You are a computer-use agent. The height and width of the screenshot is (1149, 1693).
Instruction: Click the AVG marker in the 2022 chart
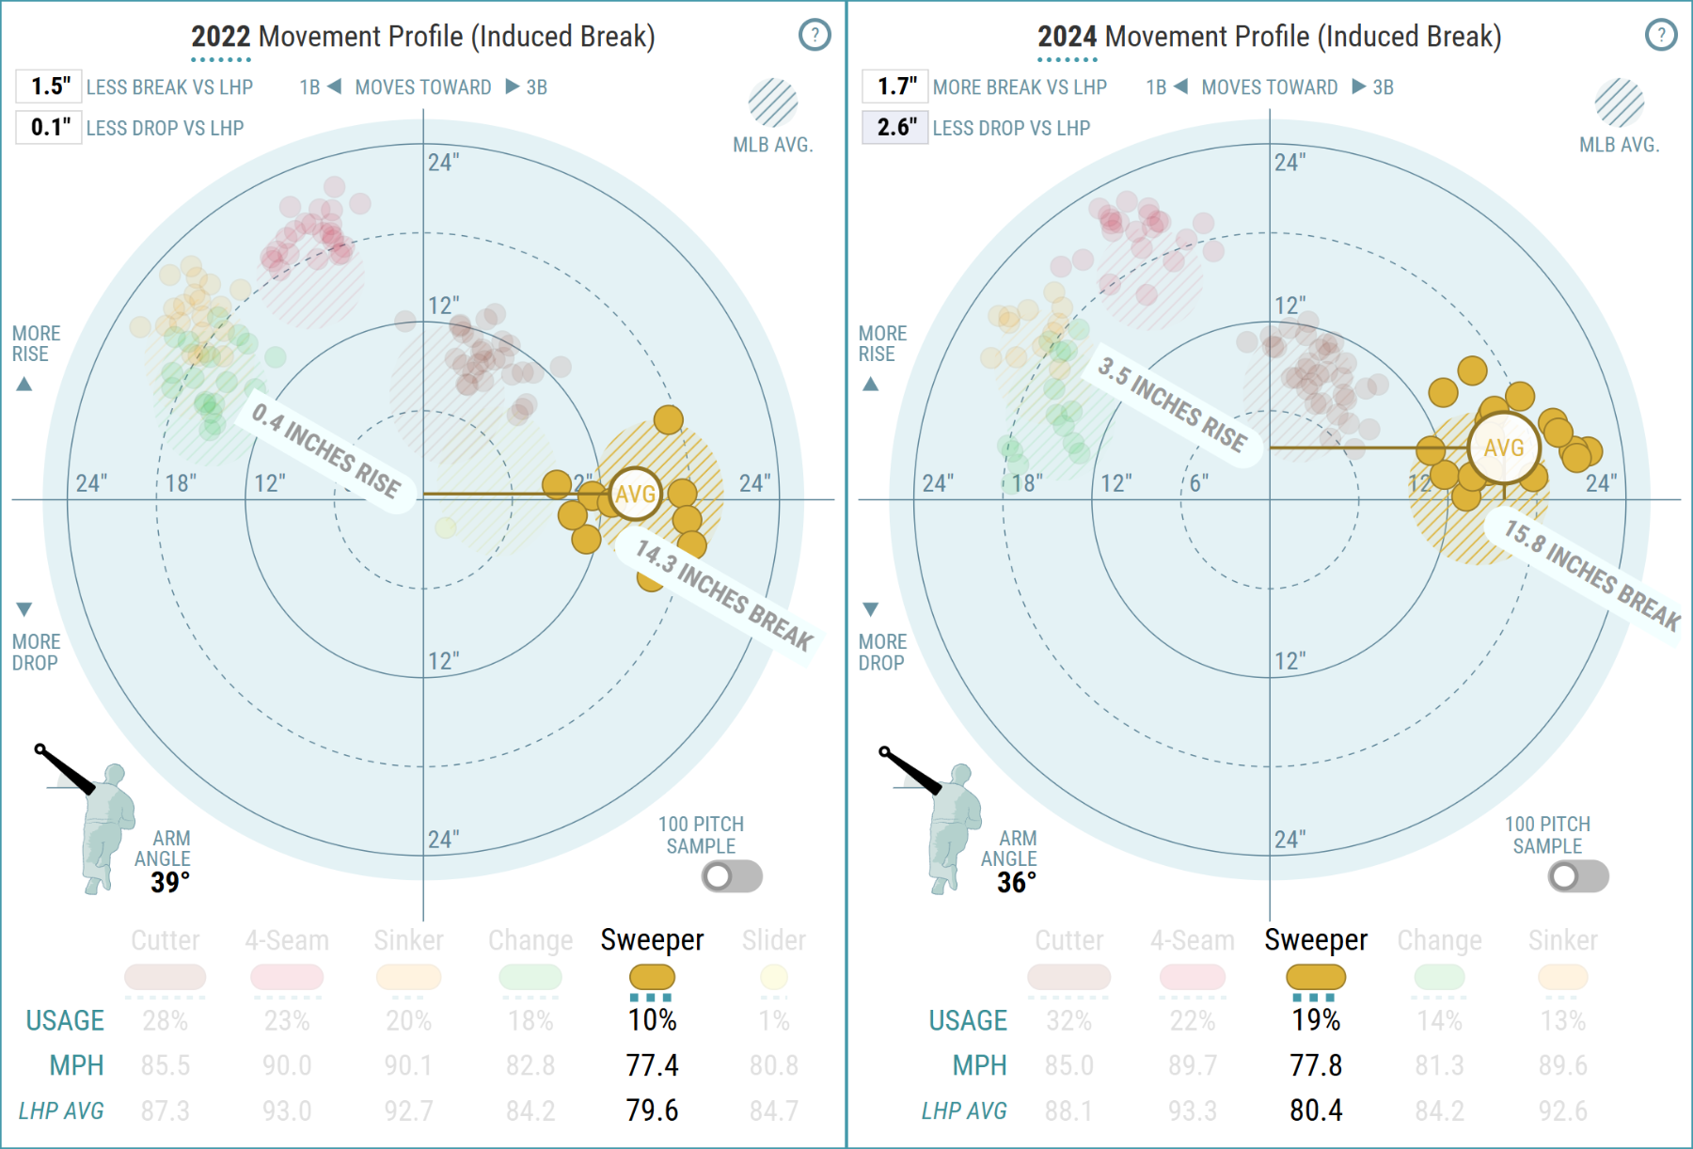(x=636, y=494)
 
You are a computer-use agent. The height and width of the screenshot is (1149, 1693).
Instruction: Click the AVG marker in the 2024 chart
(x=1503, y=448)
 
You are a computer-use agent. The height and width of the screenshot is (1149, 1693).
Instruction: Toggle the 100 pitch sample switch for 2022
(x=732, y=876)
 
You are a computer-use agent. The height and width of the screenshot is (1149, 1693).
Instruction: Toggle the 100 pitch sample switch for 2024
(x=1578, y=876)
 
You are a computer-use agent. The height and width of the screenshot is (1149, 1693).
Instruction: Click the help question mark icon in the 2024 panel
(x=1661, y=36)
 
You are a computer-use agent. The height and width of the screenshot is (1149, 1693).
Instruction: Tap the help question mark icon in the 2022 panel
(x=815, y=36)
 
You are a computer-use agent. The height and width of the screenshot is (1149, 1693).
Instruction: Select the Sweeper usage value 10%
(x=652, y=1020)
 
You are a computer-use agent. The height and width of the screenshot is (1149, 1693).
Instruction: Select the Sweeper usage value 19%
(x=1316, y=1020)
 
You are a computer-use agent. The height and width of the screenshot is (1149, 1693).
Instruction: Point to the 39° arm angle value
(x=170, y=882)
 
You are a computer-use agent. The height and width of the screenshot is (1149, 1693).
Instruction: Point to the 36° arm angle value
(x=1017, y=882)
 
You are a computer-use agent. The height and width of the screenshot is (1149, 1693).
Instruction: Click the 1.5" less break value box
(x=49, y=87)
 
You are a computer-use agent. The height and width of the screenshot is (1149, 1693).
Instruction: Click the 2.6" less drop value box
(x=895, y=127)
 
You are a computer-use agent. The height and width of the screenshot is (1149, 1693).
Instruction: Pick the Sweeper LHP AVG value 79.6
(x=652, y=1110)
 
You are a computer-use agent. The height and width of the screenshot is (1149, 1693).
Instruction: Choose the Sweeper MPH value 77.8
(x=1316, y=1065)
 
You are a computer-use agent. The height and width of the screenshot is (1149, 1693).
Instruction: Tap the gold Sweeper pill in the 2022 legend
(x=652, y=977)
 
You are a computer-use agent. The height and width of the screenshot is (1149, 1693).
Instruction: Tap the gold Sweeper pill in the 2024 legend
(x=1316, y=977)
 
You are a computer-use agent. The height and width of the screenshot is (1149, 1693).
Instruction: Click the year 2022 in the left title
(x=221, y=37)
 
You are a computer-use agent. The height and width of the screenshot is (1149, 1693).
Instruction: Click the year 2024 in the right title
(x=1068, y=37)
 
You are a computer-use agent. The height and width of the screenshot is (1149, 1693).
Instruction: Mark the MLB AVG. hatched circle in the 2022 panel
(x=773, y=102)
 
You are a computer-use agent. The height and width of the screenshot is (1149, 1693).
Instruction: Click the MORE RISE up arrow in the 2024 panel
(x=871, y=384)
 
